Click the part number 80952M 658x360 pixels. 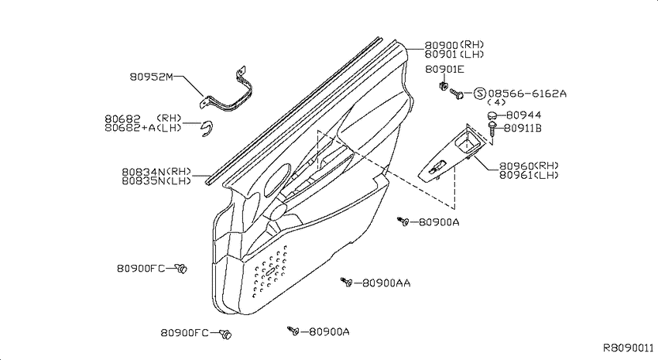point(151,77)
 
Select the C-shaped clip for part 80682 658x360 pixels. point(207,129)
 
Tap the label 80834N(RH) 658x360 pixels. point(156,172)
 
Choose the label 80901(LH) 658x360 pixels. point(454,54)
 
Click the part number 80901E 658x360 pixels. point(444,69)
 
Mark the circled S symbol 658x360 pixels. point(480,93)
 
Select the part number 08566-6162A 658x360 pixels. point(527,93)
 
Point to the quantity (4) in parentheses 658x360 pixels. point(496,102)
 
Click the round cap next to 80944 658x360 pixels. point(492,115)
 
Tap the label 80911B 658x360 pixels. point(523,128)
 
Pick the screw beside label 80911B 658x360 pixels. point(492,129)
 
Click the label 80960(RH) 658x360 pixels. point(529,166)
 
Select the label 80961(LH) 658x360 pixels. point(529,175)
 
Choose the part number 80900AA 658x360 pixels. point(386,283)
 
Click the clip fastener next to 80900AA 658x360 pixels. point(346,282)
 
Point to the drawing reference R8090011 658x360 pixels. point(629,348)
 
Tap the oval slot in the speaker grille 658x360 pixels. point(271,272)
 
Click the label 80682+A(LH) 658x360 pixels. point(143,128)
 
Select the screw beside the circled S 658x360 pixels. point(456,93)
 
